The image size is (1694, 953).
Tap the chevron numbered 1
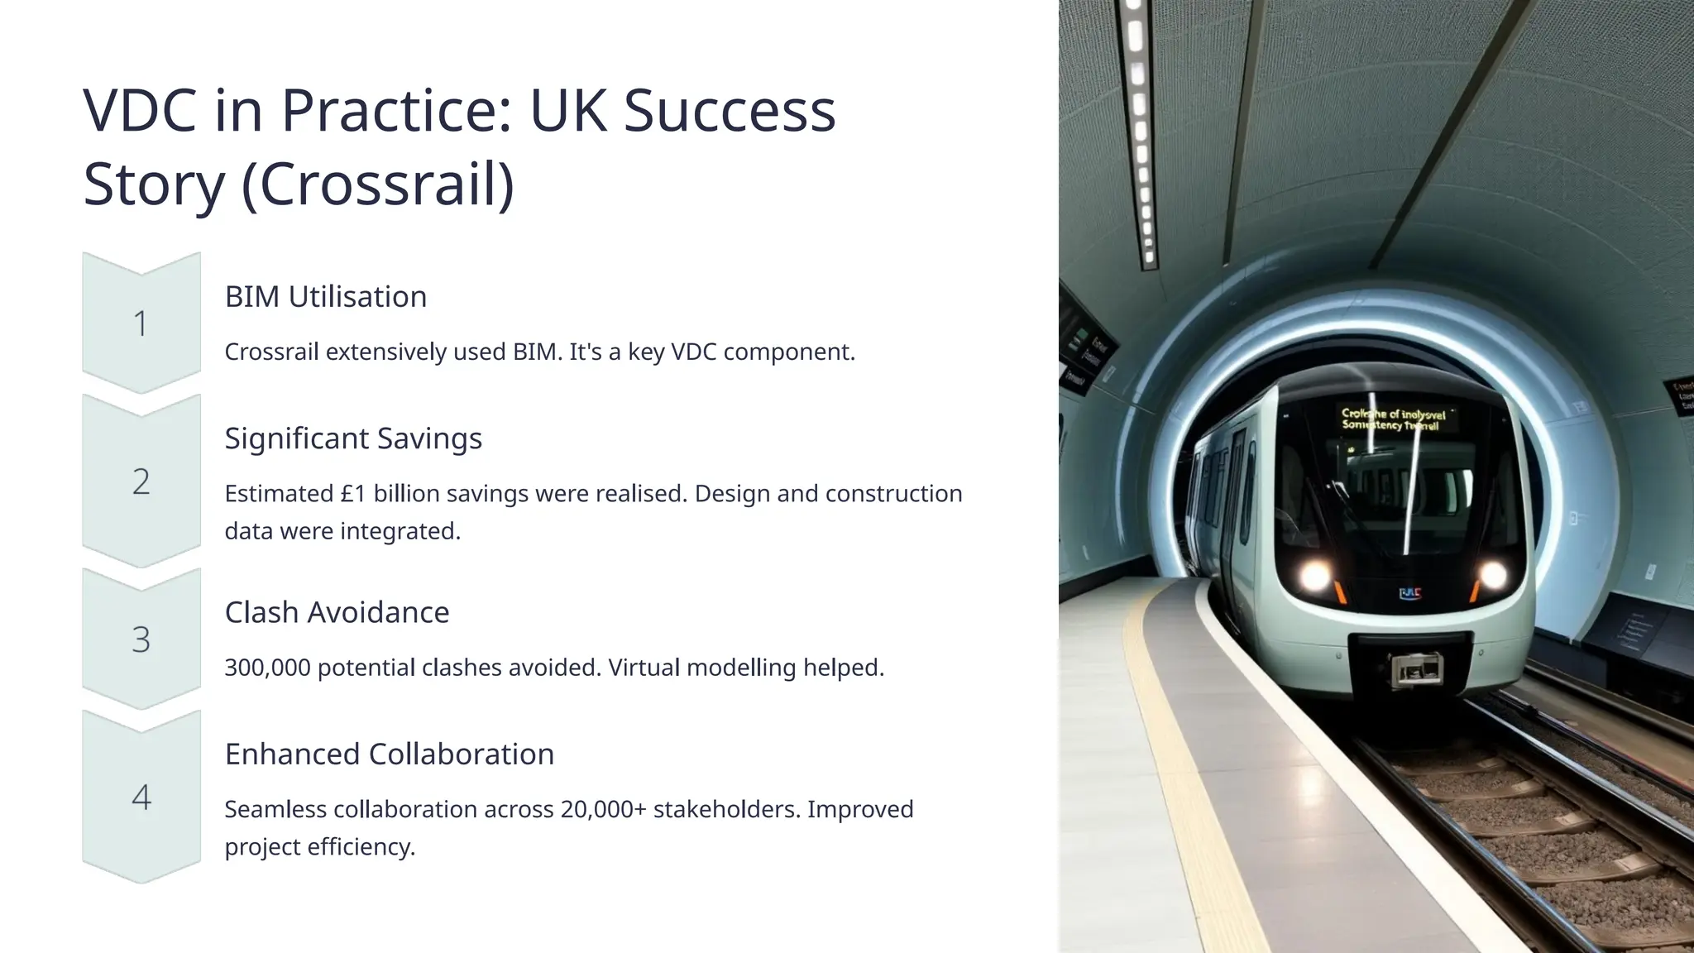(141, 323)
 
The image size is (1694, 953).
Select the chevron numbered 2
(141, 481)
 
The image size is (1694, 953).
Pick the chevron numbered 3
(141, 639)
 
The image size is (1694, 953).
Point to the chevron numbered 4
(141, 797)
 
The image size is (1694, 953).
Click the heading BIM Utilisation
(326, 296)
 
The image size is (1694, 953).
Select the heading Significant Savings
(353, 438)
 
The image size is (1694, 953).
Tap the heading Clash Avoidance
(337, 612)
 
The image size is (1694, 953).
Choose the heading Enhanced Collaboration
(390, 754)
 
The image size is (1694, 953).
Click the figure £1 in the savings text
(353, 494)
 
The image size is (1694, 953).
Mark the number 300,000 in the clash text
(267, 668)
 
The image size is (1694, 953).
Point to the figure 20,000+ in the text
(603, 809)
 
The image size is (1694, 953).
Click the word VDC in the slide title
(140, 110)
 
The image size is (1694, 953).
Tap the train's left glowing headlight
(1314, 575)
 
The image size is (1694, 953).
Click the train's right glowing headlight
(1492, 574)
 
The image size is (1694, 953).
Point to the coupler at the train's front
(1415, 669)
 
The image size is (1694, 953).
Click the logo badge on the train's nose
(1409, 593)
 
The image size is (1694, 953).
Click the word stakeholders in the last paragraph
(727, 809)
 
